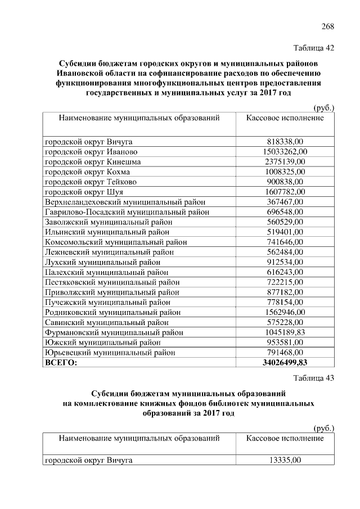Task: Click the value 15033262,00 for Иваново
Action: [x=285, y=152]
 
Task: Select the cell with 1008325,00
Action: [x=285, y=172]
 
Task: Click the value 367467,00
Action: [x=285, y=202]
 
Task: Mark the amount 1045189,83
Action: [x=285, y=332]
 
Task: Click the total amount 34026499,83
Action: [x=285, y=362]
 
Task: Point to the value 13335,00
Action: [x=285, y=461]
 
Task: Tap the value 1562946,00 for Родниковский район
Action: [x=285, y=312]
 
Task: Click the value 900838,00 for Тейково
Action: [x=285, y=182]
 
